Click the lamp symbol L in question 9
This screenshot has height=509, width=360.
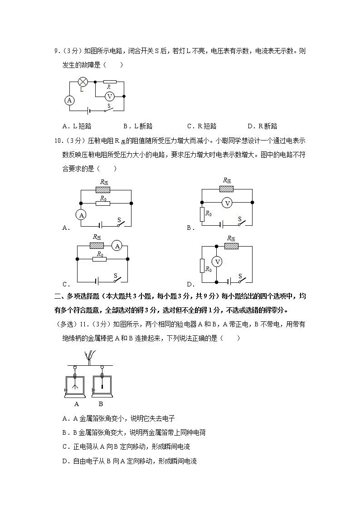pos(83,82)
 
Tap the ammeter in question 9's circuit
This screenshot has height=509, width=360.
pos(69,100)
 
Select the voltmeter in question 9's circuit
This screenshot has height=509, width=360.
pos(109,96)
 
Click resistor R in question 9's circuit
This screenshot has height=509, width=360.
pos(109,82)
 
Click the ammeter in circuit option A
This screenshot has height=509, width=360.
pos(82,215)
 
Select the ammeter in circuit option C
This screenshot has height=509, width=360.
pos(117,246)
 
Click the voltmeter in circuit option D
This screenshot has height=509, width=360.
pos(217,262)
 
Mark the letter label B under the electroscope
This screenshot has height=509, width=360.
pos(101,404)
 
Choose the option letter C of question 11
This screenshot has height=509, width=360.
pos(65,446)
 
